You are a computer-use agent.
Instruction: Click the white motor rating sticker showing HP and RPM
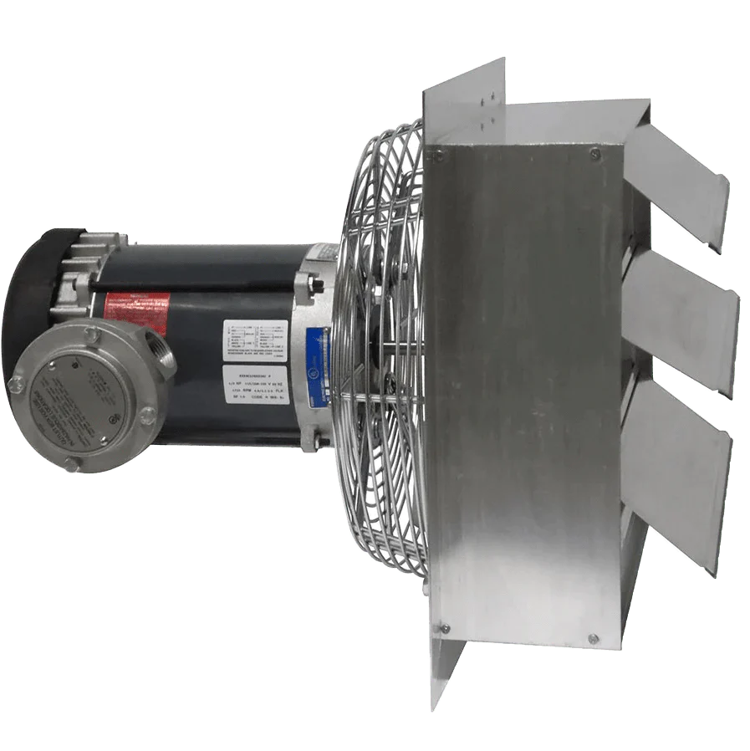[x=256, y=384]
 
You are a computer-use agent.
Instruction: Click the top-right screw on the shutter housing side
[x=594, y=153]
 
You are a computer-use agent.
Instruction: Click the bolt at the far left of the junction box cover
[x=16, y=386]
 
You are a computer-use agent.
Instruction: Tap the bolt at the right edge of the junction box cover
[x=147, y=413]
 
